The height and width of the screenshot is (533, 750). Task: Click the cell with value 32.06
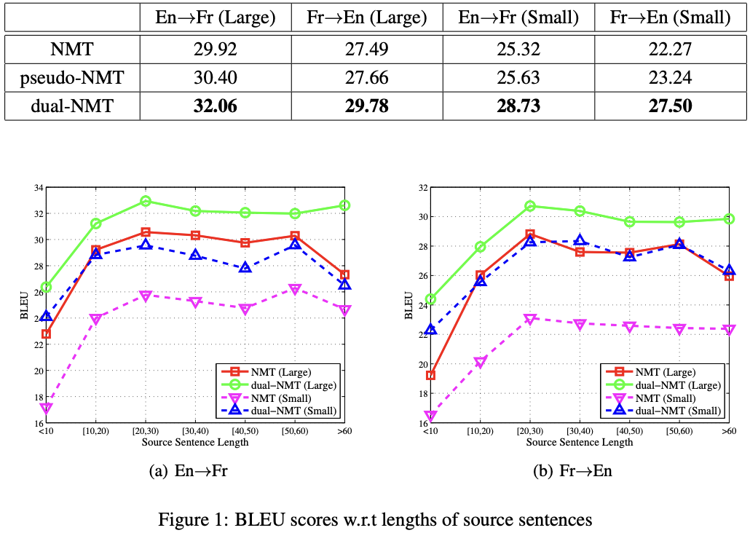pyautogui.click(x=216, y=106)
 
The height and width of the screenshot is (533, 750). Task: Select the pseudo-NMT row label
pyautogui.click(x=72, y=78)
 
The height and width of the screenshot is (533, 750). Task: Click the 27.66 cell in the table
pyautogui.click(x=367, y=78)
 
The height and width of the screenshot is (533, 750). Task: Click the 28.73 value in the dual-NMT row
pyautogui.click(x=518, y=106)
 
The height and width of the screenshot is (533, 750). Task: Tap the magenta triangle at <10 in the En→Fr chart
pyautogui.click(x=47, y=408)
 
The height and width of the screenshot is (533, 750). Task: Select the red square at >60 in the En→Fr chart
pyautogui.click(x=345, y=275)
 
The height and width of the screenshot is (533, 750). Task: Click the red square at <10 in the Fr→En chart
pyautogui.click(x=430, y=376)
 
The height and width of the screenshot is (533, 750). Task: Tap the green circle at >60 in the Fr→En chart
pyautogui.click(x=730, y=218)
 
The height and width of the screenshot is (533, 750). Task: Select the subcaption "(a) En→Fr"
pyautogui.click(x=188, y=471)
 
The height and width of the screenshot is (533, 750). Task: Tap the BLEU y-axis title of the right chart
pyautogui.click(x=408, y=307)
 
